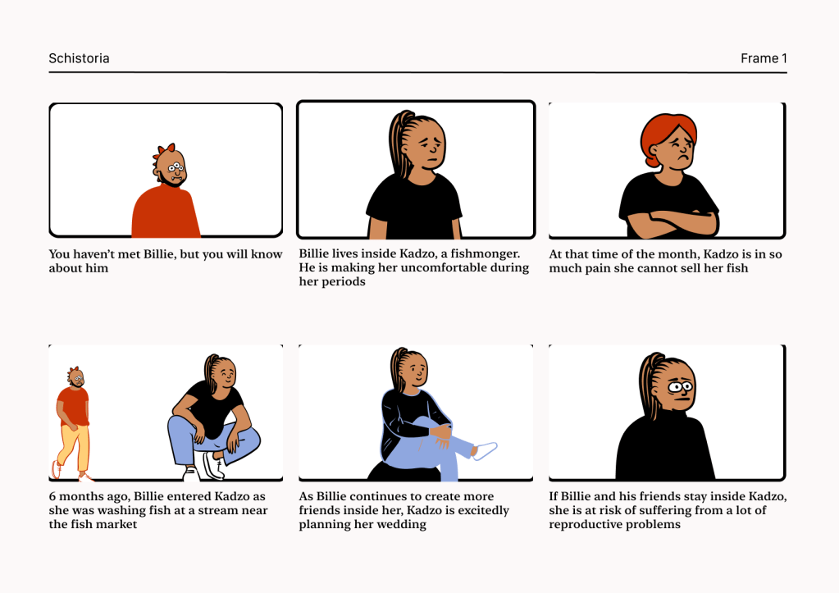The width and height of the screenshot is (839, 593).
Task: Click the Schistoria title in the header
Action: pyautogui.click(x=80, y=58)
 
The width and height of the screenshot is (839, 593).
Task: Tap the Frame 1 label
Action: pyautogui.click(x=764, y=58)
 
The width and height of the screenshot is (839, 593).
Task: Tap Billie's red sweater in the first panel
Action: pyautogui.click(x=166, y=212)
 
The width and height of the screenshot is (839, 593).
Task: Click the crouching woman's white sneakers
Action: pyautogui.click(x=207, y=467)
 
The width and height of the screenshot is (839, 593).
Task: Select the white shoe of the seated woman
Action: pyautogui.click(x=485, y=450)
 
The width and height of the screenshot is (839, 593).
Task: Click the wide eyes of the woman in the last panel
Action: pyautogui.click(x=680, y=386)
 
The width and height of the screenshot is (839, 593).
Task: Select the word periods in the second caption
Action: pyautogui.click(x=345, y=282)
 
